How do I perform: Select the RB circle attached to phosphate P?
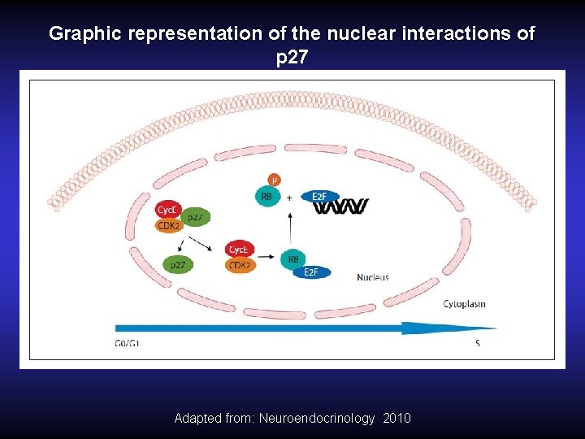[x=265, y=196]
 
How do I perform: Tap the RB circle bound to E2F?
[x=292, y=259]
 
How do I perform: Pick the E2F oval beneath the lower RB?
[x=311, y=272]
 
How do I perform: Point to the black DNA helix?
[x=344, y=207]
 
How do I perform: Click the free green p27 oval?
[x=177, y=264]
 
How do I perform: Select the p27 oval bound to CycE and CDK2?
[x=195, y=217]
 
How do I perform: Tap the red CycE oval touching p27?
[x=168, y=210]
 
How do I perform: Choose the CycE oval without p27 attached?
[x=240, y=250]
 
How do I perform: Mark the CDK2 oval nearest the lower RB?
[x=240, y=264]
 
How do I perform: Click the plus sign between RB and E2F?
[x=289, y=197]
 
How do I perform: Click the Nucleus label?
[x=373, y=277]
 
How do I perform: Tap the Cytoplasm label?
[x=464, y=304]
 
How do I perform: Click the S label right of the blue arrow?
[x=478, y=343]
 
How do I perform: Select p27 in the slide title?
[x=292, y=59]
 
